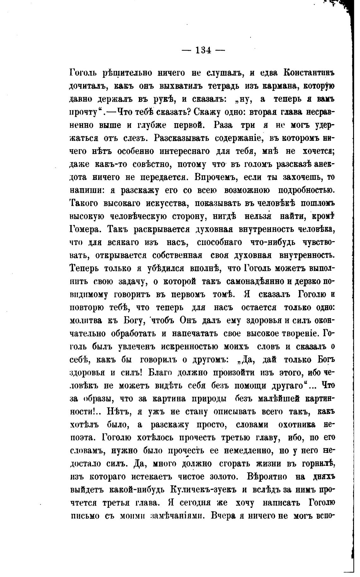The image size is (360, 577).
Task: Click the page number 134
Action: [x=203, y=50]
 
